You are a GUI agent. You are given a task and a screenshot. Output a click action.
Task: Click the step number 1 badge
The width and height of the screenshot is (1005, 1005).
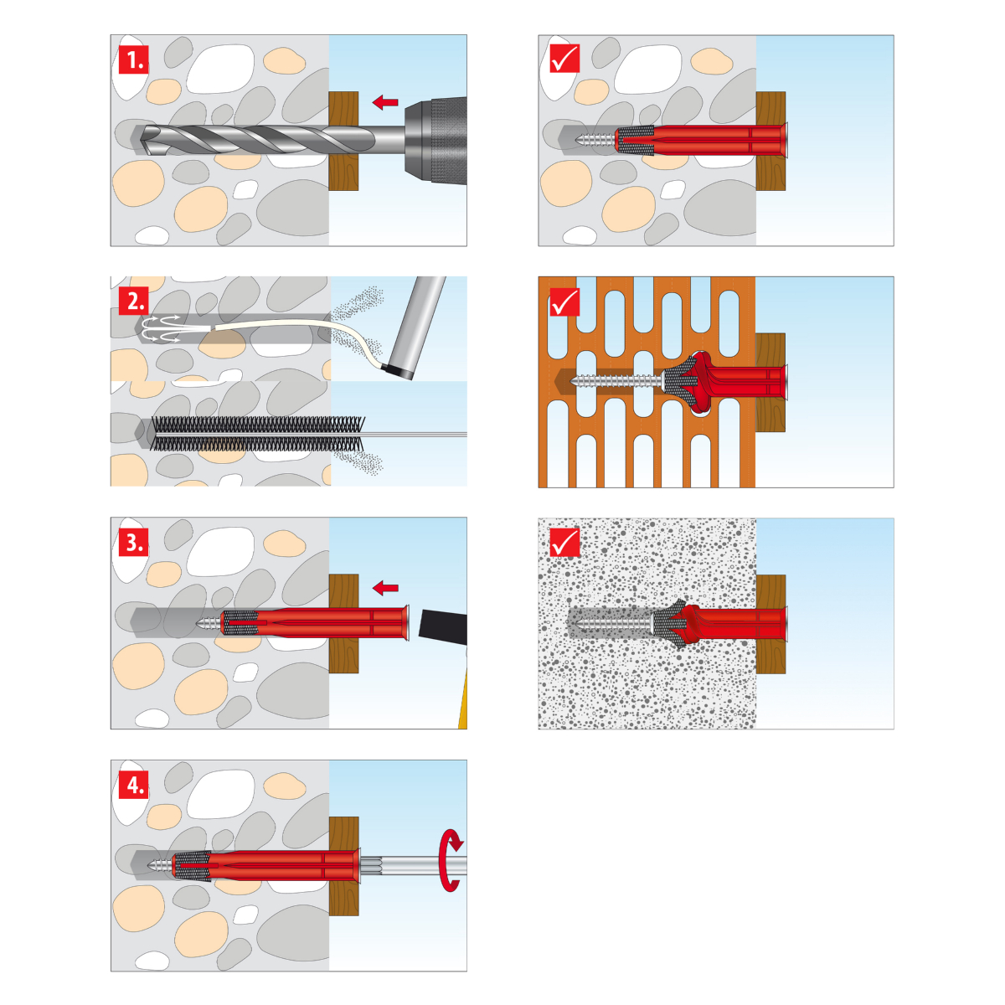(134, 59)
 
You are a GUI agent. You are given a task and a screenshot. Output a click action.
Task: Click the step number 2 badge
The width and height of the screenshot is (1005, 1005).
(134, 301)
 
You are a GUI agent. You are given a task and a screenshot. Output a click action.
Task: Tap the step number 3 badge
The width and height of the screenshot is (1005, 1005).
(134, 543)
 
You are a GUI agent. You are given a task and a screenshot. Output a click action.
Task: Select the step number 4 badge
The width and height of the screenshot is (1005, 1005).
(134, 784)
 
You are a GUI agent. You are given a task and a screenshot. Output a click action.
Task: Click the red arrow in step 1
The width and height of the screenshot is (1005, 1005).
(385, 101)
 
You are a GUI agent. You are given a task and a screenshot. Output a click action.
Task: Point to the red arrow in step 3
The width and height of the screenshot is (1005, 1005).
(385, 588)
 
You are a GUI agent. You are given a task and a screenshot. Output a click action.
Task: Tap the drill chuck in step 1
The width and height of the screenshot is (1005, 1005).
(435, 141)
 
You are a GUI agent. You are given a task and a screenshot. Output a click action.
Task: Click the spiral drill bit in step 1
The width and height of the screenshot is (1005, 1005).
(258, 140)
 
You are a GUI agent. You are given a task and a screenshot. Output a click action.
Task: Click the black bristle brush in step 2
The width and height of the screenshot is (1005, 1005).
(258, 433)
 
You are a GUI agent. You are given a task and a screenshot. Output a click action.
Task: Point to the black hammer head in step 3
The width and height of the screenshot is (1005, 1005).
(443, 627)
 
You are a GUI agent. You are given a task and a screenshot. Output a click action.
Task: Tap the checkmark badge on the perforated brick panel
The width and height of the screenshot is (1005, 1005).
(564, 301)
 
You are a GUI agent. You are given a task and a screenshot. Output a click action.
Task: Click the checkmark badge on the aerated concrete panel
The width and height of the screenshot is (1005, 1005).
(564, 543)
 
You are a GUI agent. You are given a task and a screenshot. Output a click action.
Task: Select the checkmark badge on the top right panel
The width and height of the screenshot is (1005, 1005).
(564, 59)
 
